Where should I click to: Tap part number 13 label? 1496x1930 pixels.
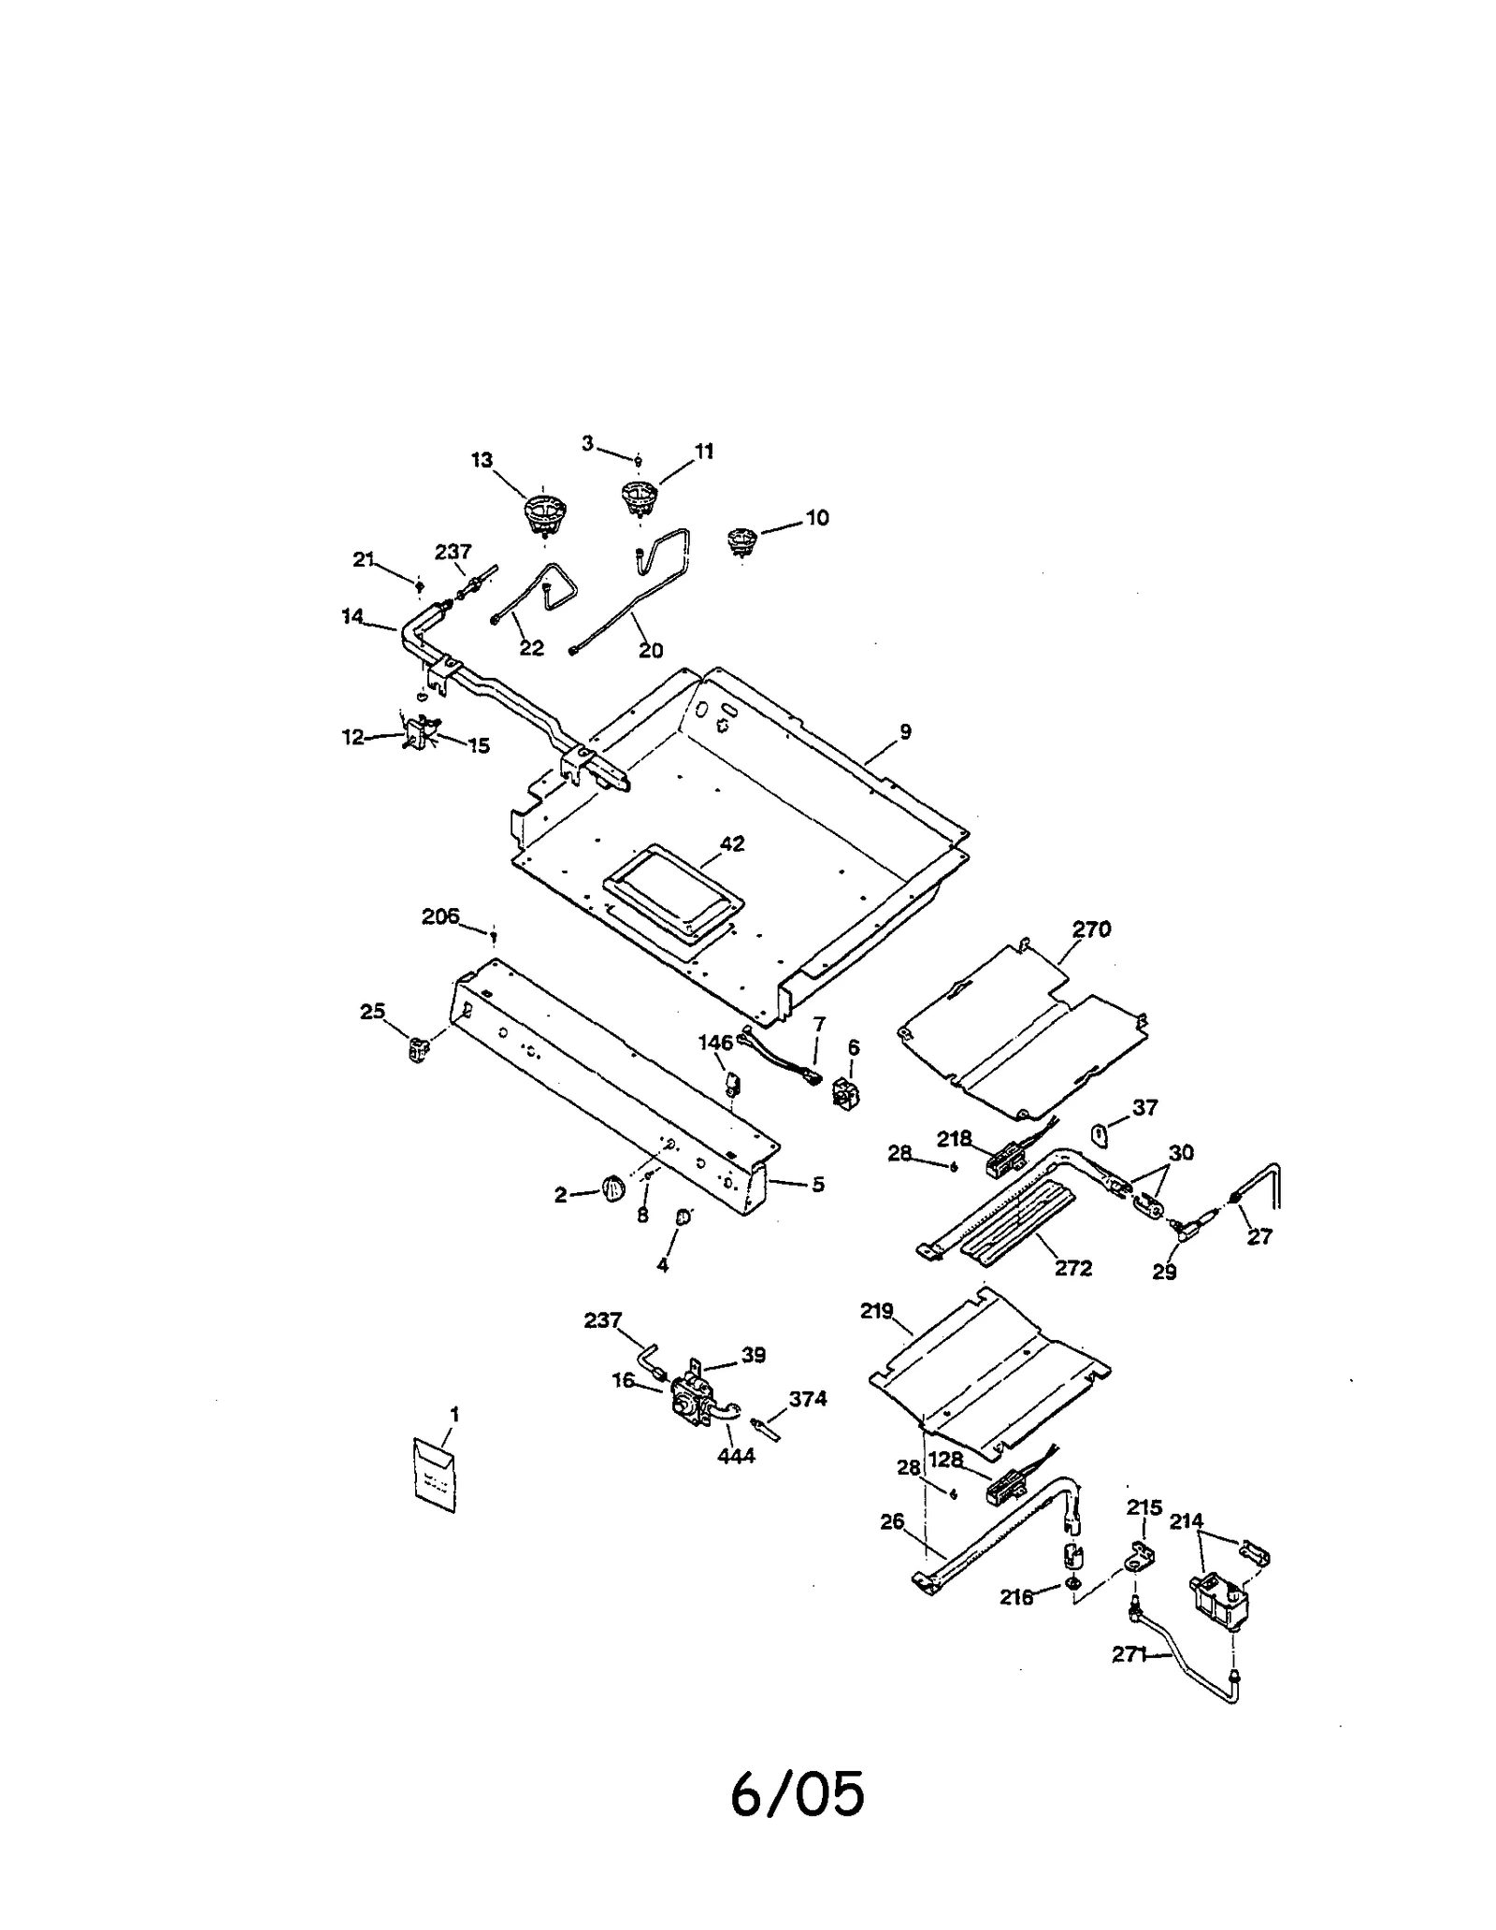(482, 460)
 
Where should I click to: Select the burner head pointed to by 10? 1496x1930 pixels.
(741, 540)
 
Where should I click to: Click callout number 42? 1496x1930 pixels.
(732, 843)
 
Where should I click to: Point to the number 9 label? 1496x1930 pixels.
(905, 732)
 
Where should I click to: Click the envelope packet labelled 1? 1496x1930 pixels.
(435, 1476)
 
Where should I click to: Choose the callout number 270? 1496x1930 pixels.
(1091, 929)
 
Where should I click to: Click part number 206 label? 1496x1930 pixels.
(440, 916)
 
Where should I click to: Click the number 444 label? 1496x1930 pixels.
(736, 1456)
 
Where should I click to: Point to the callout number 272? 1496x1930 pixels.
(1073, 1268)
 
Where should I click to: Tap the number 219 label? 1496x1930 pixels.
(877, 1311)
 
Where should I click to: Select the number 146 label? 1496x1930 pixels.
(715, 1043)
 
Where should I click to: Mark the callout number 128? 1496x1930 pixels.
(945, 1461)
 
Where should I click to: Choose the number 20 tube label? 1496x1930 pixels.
(651, 650)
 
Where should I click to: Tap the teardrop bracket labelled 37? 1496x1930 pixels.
(1100, 1135)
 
